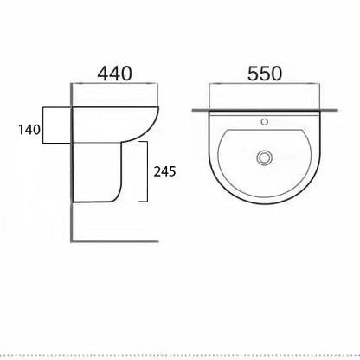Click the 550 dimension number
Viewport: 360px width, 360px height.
pos(265,74)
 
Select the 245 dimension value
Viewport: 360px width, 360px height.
pos(164,171)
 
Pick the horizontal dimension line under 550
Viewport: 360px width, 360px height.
pos(265,87)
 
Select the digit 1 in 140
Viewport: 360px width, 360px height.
pos(19,131)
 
